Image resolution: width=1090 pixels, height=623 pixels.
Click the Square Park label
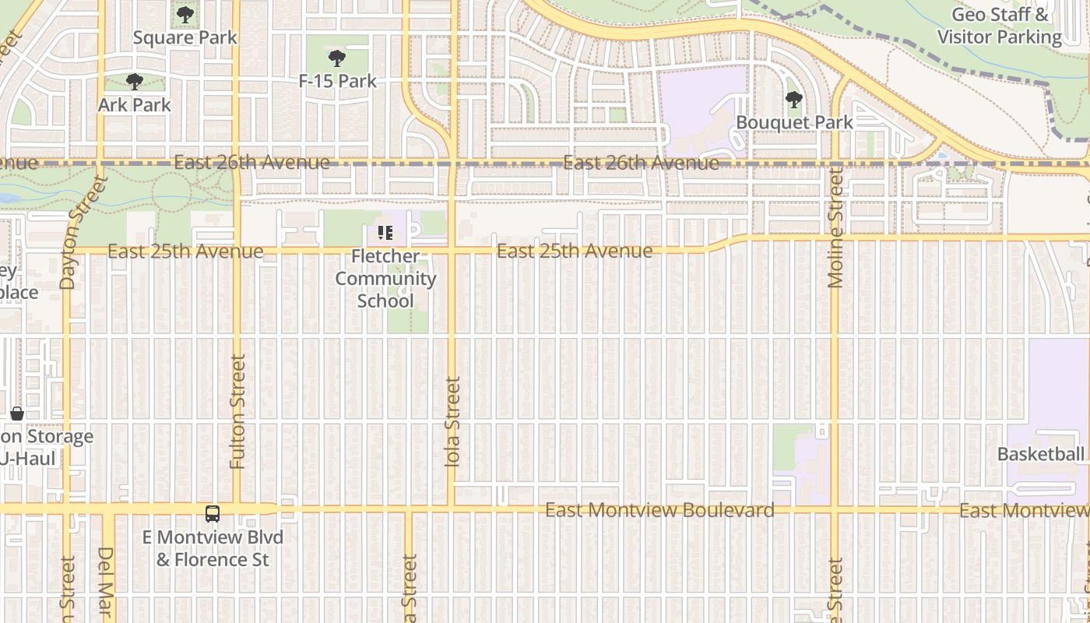185,37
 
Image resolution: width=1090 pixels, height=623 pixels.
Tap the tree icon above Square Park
185,15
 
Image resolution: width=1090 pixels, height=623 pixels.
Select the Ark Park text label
134,104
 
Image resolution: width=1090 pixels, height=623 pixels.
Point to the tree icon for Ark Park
134,81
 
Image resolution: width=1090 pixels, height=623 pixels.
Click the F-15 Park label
337,81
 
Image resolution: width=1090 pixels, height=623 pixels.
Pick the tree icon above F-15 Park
337,58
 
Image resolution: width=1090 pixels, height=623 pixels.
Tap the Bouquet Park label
794,122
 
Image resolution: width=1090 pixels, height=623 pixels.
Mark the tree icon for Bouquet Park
793,100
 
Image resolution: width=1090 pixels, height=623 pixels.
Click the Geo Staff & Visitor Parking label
1000,26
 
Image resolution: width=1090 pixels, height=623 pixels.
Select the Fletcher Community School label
385,278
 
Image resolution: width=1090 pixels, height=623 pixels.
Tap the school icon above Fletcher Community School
385,233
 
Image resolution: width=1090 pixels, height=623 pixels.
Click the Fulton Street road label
237,411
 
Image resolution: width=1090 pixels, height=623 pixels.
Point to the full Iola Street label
452,421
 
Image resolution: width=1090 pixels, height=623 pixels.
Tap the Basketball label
1041,454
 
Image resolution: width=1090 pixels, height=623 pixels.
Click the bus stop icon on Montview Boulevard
213,514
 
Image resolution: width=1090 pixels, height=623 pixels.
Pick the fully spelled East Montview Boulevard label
659,510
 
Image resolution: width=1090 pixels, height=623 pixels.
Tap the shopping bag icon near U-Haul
17,414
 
